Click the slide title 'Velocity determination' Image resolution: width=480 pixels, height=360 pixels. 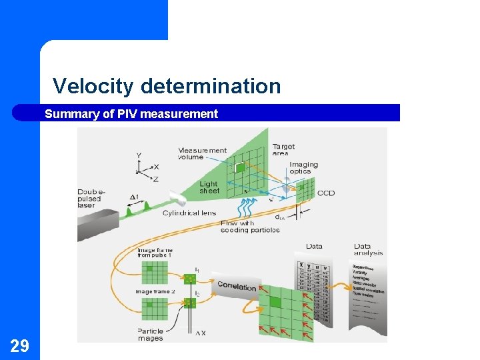point(167,87)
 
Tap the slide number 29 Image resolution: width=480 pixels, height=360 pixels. point(19,345)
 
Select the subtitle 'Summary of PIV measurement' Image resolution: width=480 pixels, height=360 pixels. point(131,114)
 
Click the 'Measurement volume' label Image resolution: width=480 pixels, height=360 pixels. point(203,154)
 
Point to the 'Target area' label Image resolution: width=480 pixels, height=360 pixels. point(284,150)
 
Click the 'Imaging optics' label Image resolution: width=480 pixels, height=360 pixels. point(303,168)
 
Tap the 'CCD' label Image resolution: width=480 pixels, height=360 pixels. point(325,193)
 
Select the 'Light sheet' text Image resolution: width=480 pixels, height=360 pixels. point(209,187)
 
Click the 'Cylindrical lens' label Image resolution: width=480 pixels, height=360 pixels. point(189,213)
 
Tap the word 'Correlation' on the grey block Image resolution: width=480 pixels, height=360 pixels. point(237,287)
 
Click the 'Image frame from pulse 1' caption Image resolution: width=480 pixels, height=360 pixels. point(155,253)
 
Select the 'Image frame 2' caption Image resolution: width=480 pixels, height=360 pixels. point(155,292)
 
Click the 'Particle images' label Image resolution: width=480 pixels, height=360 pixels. point(150,335)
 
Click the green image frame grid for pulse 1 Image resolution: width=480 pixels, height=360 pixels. point(154,272)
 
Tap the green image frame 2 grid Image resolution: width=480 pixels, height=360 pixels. point(154,309)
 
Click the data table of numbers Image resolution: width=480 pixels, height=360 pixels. point(313,291)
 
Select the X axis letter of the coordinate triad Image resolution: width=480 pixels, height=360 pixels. point(156,167)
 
